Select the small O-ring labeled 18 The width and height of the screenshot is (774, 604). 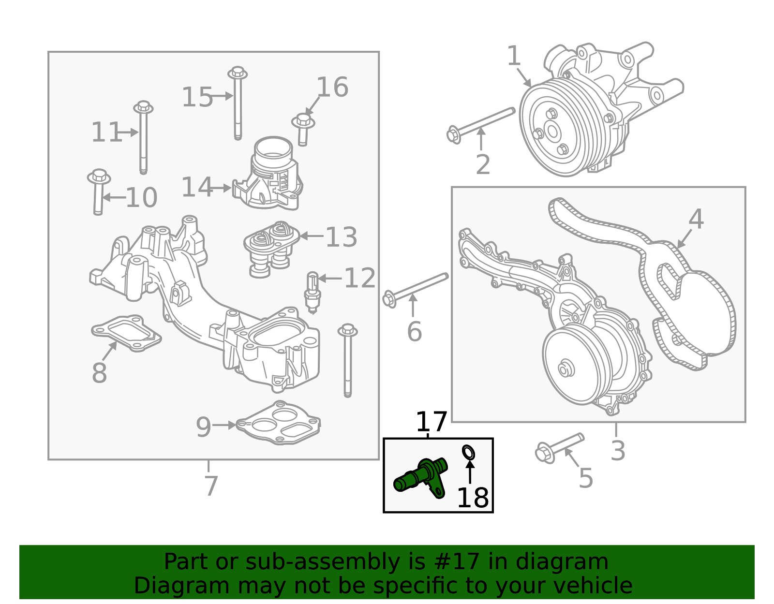tap(468, 452)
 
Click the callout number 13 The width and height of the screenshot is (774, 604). tap(341, 237)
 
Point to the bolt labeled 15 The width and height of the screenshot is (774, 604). tap(238, 103)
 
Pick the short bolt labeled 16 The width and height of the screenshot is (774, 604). tap(303, 130)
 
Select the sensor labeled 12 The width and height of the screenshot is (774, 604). tap(313, 293)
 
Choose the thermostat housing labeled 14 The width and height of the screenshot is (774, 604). tap(268, 173)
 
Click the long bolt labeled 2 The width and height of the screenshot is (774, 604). tap(480, 126)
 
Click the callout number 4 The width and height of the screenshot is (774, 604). tap(696, 219)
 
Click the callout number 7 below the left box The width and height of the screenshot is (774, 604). tap(211, 486)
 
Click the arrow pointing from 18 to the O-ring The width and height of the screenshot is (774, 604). tap(470, 471)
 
